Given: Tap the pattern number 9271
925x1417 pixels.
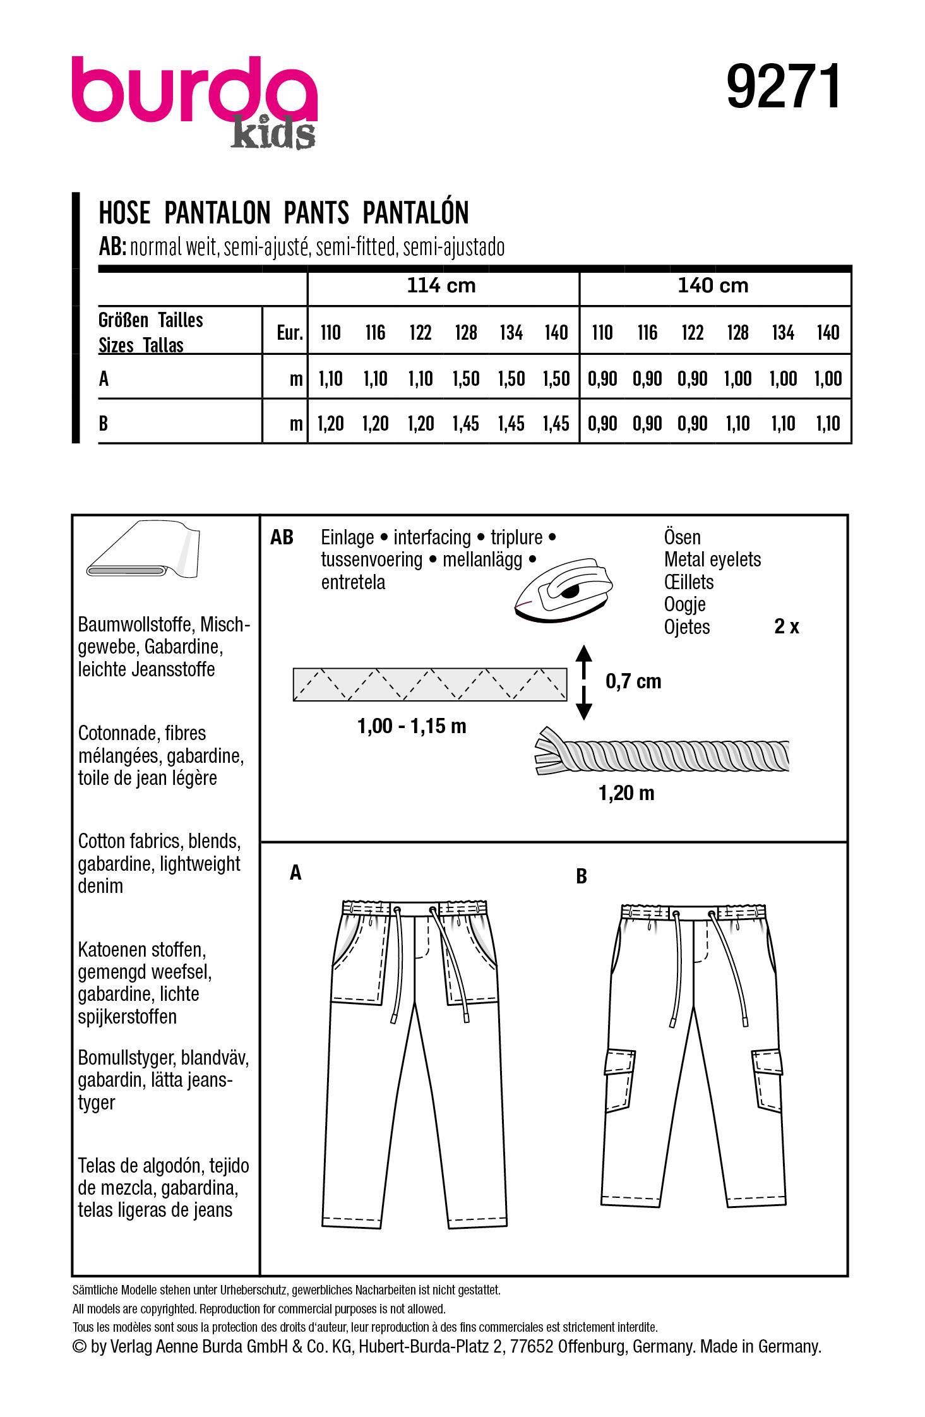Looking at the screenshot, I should pos(783,87).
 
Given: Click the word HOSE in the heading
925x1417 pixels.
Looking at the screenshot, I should pos(124,213).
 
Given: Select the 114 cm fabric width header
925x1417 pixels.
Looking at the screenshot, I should pos(441,286).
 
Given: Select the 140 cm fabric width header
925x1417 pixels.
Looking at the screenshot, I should pos(713,286).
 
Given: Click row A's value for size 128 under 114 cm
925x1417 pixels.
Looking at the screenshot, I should pos(466,379).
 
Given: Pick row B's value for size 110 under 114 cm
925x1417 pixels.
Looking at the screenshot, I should pos(330,424).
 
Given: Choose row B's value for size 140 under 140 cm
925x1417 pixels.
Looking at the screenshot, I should pos(828,424).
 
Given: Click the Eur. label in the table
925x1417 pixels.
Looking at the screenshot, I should pos(290,333).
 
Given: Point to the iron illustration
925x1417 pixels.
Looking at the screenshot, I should pos(564,590).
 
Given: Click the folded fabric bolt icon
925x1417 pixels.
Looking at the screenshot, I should pos(144,549).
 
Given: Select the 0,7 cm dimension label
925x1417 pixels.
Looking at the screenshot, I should pos(633,681).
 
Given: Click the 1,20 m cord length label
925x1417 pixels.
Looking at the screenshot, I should pos(626,793).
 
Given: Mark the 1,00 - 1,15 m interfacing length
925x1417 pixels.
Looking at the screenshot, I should pos(412,726).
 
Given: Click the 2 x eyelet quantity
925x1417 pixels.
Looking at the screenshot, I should pos(787,626).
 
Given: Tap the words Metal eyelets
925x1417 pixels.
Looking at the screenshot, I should pos(712,559).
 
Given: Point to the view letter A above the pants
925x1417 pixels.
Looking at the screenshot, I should pos(295,873).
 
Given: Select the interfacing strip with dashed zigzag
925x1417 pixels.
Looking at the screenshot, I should pos(429,685).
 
